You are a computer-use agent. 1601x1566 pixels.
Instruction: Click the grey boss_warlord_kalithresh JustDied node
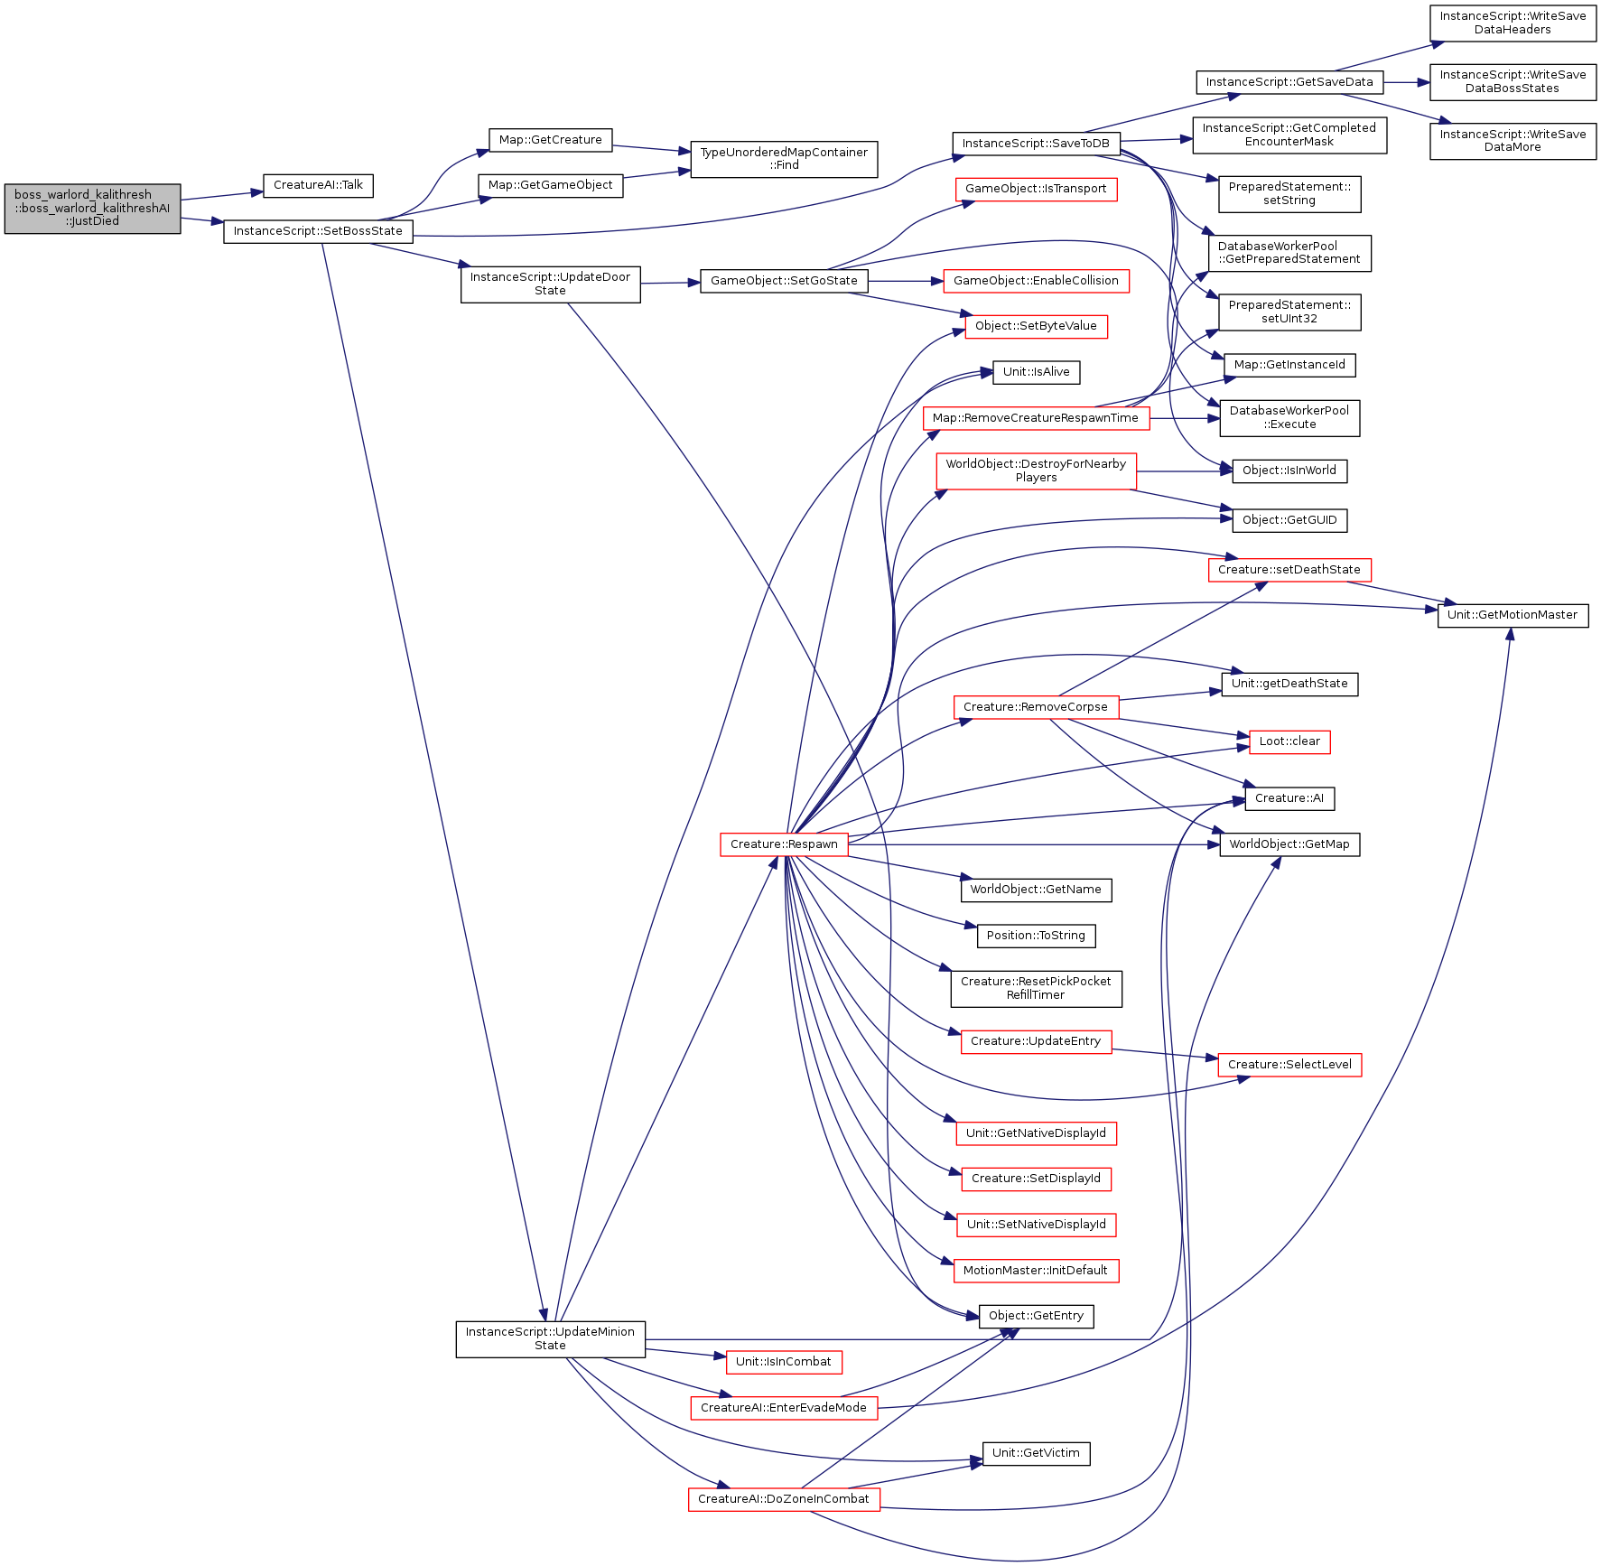click(x=92, y=209)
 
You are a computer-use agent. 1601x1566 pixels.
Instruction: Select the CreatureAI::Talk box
click(x=318, y=185)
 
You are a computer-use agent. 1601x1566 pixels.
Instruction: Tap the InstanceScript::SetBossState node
click(x=318, y=231)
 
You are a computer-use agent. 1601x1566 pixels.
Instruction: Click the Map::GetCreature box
click(x=550, y=140)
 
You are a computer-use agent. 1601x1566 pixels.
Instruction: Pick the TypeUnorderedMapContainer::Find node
click(x=784, y=159)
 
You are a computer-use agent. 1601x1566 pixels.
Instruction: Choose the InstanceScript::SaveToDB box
click(x=1036, y=144)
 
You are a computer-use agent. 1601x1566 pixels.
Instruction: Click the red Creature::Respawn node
click(x=784, y=844)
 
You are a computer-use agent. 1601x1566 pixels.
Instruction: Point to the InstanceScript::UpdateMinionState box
click(x=550, y=1338)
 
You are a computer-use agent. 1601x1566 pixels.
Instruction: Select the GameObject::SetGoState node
click(x=784, y=281)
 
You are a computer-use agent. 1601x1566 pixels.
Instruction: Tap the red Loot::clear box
click(x=1289, y=741)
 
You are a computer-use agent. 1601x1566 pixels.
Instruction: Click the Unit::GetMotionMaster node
click(x=1513, y=615)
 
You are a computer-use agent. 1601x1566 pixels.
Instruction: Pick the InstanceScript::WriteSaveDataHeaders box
click(x=1513, y=23)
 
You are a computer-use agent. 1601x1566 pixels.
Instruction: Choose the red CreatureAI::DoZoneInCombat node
click(x=784, y=1499)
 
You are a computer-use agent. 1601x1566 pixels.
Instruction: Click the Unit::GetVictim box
click(x=1036, y=1453)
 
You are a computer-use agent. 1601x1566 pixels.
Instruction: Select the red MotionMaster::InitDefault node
click(x=1036, y=1271)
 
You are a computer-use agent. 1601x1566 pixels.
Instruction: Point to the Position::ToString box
click(x=1036, y=936)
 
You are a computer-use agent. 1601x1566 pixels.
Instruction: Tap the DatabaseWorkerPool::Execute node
click(x=1289, y=417)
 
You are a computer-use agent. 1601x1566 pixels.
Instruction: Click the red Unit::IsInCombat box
click(x=784, y=1362)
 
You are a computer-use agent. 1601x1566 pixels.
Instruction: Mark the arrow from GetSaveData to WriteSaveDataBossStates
click(x=1407, y=82)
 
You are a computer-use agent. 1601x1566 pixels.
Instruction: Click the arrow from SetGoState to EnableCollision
click(x=906, y=281)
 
